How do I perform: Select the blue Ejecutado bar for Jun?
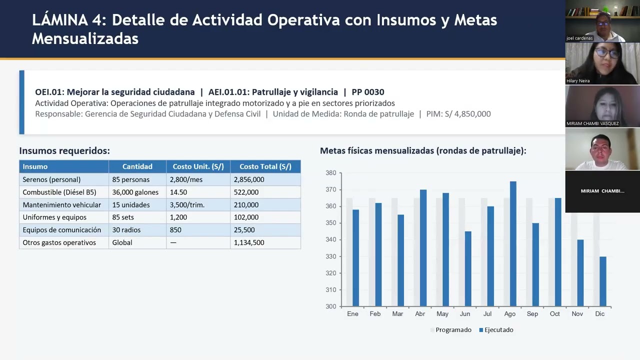pyautogui.click(x=468, y=268)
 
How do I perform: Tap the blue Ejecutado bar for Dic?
pyautogui.click(x=603, y=281)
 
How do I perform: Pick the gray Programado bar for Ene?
pyautogui.click(x=349, y=252)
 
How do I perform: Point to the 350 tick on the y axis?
pyautogui.click(x=330, y=223)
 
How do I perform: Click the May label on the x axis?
pyautogui.click(x=442, y=314)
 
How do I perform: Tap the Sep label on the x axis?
pyautogui.click(x=532, y=314)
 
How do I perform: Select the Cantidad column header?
pyautogui.click(x=137, y=166)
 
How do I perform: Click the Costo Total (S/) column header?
pyautogui.click(x=265, y=166)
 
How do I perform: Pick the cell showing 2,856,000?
pyautogui.click(x=249, y=179)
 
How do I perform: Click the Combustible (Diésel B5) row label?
pyautogui.click(x=59, y=192)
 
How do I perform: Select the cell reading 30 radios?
pyautogui.click(x=126, y=230)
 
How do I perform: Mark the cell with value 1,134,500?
pyautogui.click(x=249, y=242)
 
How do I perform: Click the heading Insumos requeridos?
pyautogui.click(x=64, y=150)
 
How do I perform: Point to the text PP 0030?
pyautogui.click(x=368, y=92)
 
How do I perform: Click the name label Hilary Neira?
pyautogui.click(x=578, y=80)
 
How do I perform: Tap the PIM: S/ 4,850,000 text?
pyautogui.click(x=458, y=114)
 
